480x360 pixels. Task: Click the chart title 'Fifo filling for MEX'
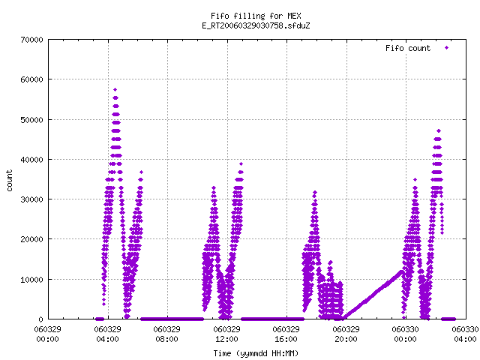[256, 16]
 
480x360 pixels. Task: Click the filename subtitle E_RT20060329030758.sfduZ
[256, 25]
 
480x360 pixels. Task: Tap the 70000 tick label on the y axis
[31, 40]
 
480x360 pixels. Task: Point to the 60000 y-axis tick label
[31, 79]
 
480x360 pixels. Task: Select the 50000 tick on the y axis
[31, 120]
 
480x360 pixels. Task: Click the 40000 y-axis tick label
[31, 160]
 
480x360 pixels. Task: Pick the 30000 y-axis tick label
[31, 199]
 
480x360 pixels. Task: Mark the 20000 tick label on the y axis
[31, 239]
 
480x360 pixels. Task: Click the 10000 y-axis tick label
[31, 280]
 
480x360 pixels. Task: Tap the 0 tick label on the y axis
[40, 319]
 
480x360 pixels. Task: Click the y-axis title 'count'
[10, 180]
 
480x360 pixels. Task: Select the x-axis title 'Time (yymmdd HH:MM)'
[256, 353]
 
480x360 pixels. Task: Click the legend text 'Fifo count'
[408, 48]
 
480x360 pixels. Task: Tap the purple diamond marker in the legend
[447, 48]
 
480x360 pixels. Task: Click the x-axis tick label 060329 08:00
[166, 334]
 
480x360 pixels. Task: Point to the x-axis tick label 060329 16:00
[286, 334]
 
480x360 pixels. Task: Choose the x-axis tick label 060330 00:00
[405, 334]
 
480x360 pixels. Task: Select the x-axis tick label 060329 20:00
[346, 334]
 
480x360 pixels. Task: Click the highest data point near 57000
[115, 90]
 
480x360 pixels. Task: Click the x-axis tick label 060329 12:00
[226, 334]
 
